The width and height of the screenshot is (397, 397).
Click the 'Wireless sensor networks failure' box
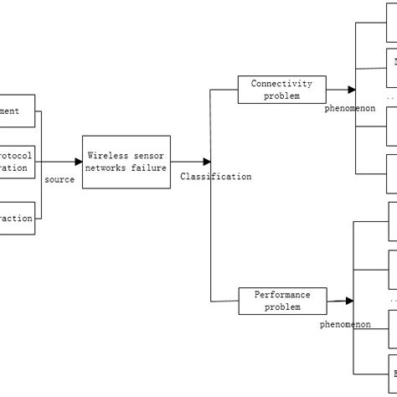pos(126,162)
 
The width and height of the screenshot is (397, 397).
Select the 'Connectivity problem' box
pos(281,89)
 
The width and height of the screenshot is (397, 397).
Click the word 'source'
pos(59,179)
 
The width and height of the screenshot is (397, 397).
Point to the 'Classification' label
pos(215,177)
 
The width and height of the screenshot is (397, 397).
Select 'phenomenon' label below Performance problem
pos(345,323)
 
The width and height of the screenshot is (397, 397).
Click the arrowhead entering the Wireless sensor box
pos(77,162)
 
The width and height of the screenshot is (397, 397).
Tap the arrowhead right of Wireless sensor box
pos(206,162)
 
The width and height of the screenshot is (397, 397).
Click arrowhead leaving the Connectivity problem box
pos(350,89)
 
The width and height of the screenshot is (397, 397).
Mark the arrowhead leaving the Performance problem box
pos(348,300)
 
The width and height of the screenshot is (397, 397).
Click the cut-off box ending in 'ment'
pos(18,111)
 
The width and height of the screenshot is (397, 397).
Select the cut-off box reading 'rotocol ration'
pos(18,162)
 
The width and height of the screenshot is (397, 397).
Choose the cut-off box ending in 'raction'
pos(18,218)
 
